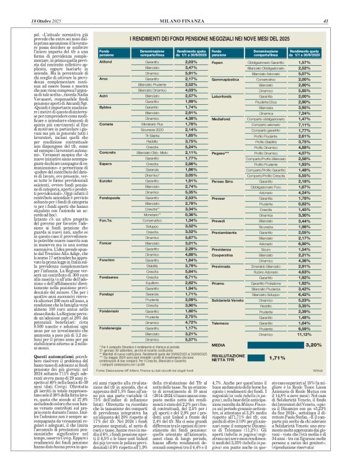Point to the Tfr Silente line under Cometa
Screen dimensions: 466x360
(x=147, y=135)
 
